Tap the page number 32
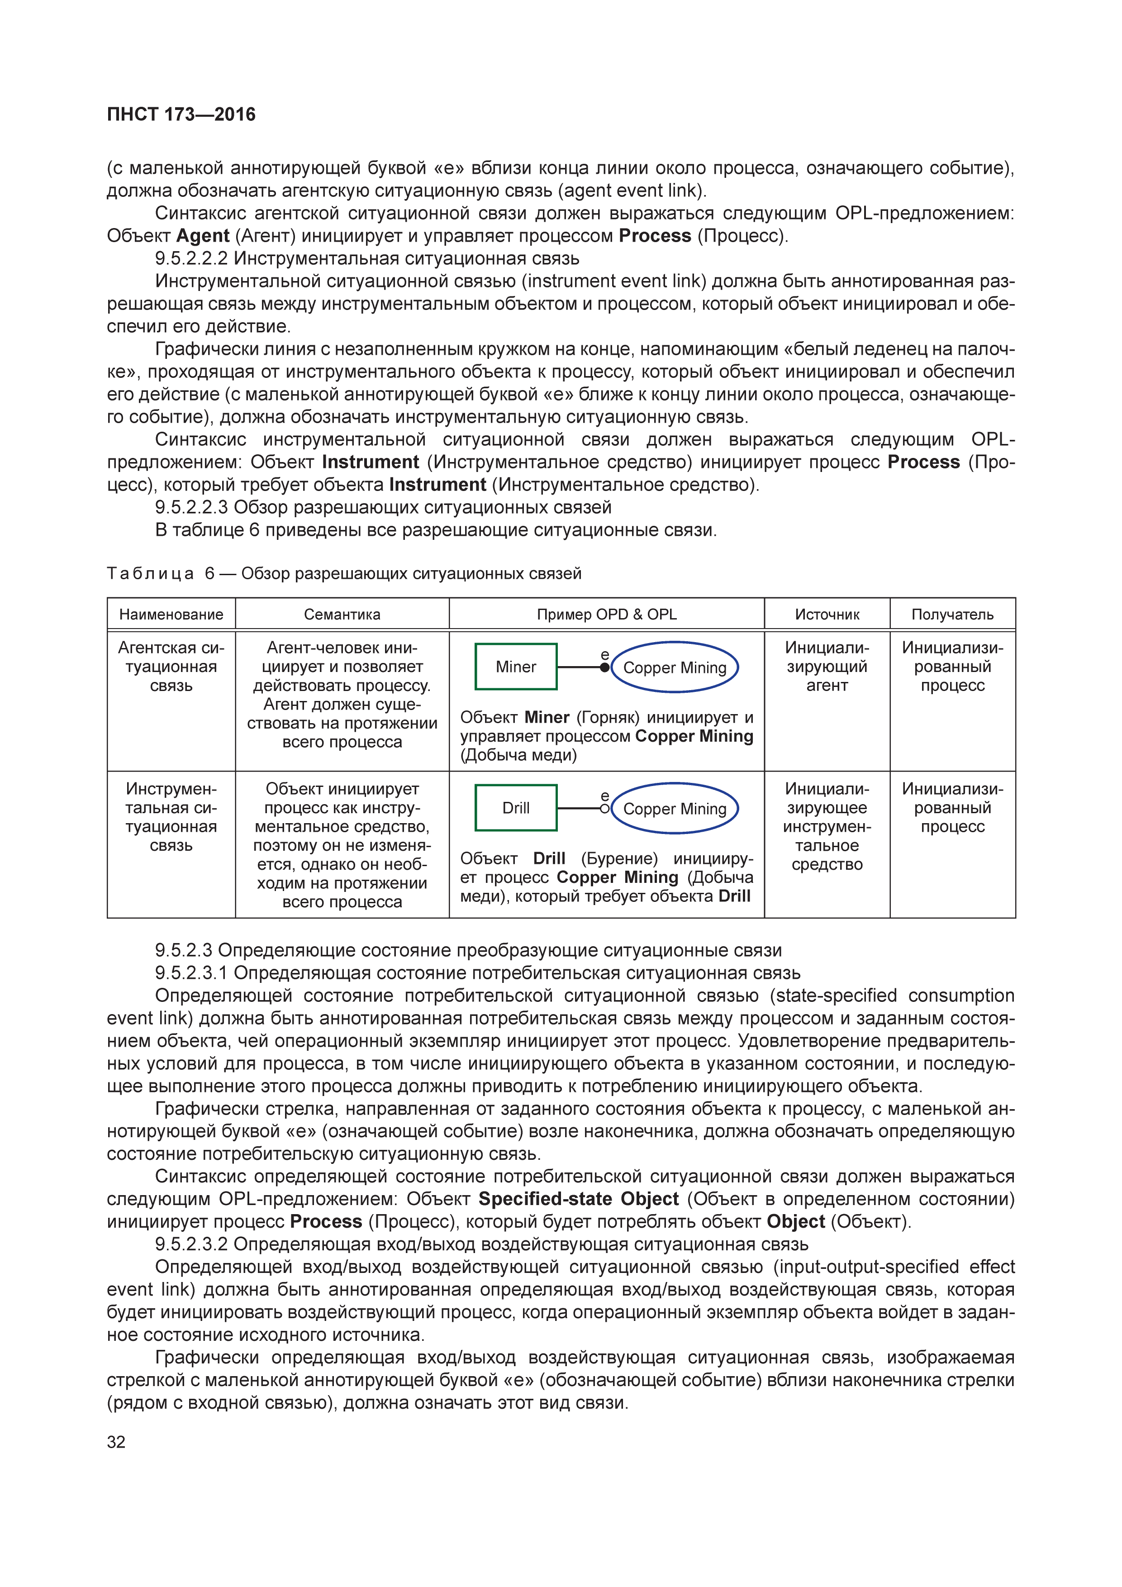(x=116, y=1442)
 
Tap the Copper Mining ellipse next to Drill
(x=675, y=809)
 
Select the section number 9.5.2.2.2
(x=191, y=258)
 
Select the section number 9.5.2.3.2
(x=191, y=1244)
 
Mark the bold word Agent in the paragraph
(x=202, y=236)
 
